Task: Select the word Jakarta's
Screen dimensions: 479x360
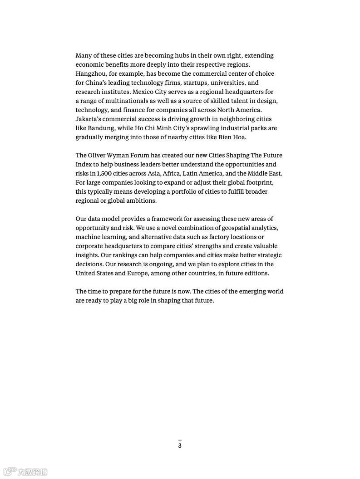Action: tap(89, 119)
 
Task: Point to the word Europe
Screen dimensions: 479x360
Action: tap(137, 273)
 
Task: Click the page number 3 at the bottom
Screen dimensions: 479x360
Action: tap(180, 445)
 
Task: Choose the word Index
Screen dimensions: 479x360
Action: tap(84, 164)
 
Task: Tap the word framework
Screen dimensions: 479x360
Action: tap(166, 219)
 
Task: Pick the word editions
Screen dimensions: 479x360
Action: tap(256, 273)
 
